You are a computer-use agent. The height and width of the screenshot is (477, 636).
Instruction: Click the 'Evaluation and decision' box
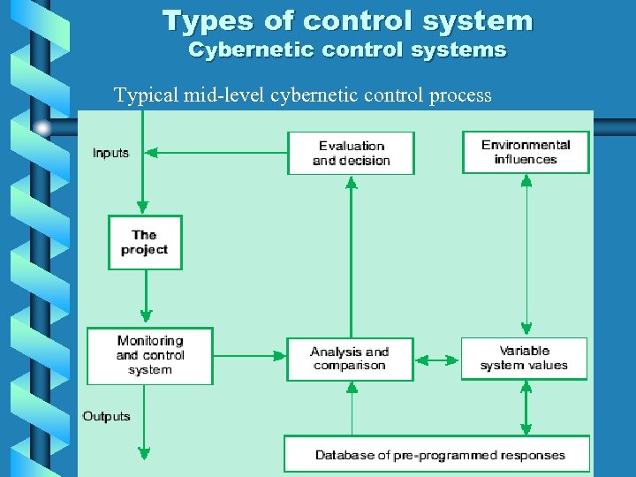(x=351, y=153)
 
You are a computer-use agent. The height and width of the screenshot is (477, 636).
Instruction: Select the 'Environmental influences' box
(x=526, y=152)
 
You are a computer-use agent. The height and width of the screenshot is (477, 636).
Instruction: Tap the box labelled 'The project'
(x=144, y=242)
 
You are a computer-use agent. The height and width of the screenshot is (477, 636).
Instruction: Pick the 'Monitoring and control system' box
(x=149, y=355)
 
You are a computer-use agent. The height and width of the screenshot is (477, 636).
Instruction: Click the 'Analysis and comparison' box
(x=350, y=359)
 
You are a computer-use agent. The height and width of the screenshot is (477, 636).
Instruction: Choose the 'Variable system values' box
(x=524, y=358)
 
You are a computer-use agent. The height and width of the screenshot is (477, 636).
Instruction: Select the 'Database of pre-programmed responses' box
(x=436, y=454)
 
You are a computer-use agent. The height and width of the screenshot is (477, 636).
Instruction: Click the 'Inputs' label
(x=110, y=153)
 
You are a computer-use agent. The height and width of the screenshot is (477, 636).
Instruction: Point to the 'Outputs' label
(x=107, y=416)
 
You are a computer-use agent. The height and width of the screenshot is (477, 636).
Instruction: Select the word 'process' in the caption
(x=460, y=95)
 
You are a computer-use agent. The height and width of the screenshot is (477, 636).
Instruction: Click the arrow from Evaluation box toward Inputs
(x=216, y=153)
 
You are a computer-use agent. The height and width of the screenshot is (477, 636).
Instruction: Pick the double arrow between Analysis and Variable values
(x=436, y=360)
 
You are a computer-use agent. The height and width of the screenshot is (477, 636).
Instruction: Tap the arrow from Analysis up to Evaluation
(x=351, y=256)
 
